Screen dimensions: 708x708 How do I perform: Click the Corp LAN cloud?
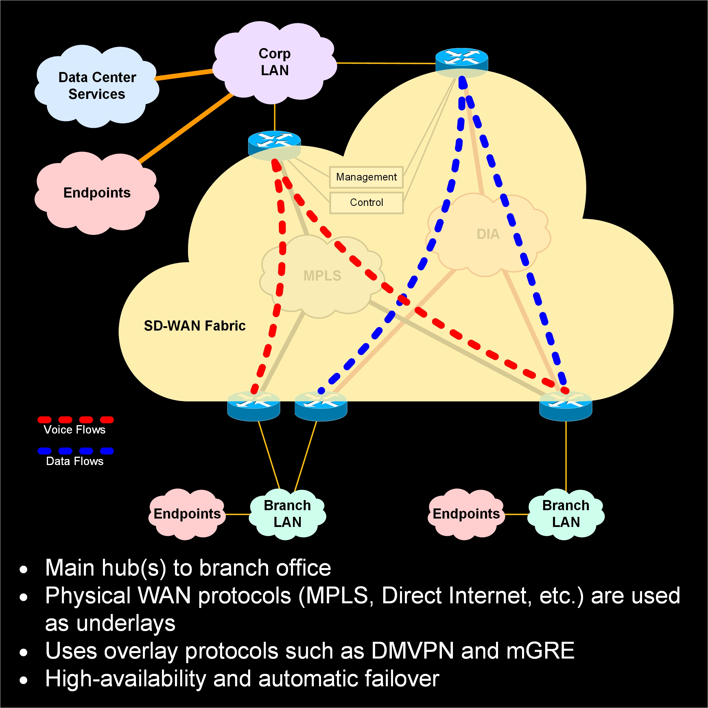[x=274, y=62]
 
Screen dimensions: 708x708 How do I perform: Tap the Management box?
[x=366, y=177]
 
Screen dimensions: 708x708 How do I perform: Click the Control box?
[x=366, y=202]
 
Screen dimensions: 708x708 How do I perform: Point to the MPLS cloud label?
[x=322, y=276]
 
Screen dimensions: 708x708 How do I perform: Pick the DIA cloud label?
[x=488, y=234]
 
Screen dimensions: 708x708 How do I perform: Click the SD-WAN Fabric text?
[x=195, y=326]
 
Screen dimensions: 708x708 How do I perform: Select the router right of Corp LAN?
[x=461, y=60]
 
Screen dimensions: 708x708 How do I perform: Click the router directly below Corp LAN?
[x=274, y=143]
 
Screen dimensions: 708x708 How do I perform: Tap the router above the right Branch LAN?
[x=565, y=406]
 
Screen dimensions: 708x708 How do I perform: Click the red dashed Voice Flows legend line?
[x=75, y=420]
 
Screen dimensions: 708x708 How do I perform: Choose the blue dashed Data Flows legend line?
[x=75, y=451]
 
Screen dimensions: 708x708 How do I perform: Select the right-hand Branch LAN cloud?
[x=566, y=514]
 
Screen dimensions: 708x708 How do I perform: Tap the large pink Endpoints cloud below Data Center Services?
[x=97, y=193]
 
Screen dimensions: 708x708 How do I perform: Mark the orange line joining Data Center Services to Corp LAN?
[x=184, y=74]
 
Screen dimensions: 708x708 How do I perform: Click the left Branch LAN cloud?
[x=287, y=514]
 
